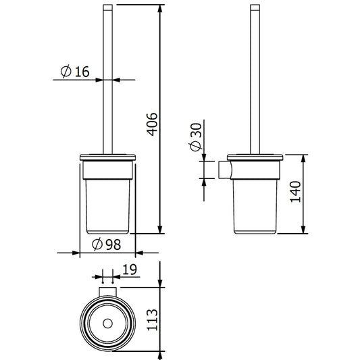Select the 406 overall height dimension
(x=152, y=123)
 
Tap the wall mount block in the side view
(x=224, y=172)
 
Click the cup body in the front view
(x=108, y=206)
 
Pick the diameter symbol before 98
(x=95, y=244)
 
